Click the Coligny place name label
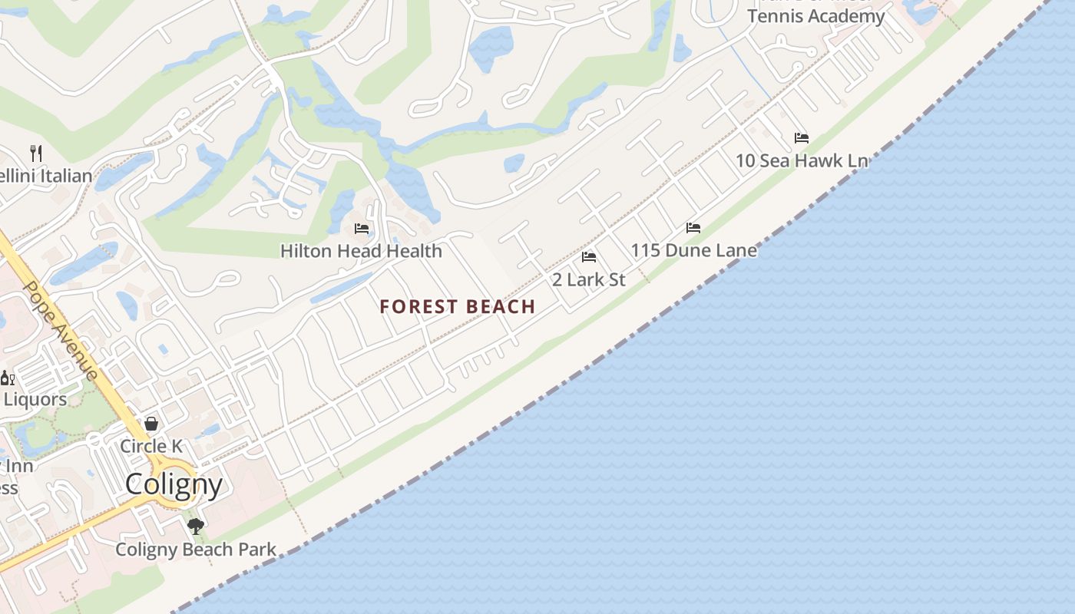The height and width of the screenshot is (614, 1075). (174, 484)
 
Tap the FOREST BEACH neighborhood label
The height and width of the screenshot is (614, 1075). (458, 307)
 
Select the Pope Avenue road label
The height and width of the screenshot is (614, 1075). (61, 330)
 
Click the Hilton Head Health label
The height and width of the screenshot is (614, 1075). (361, 251)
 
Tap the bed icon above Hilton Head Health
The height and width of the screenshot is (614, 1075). (362, 229)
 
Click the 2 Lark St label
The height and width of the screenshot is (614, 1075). (589, 279)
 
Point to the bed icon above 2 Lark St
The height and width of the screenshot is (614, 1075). (589, 257)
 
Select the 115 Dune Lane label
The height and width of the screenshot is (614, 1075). (693, 250)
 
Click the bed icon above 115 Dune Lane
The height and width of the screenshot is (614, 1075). (693, 228)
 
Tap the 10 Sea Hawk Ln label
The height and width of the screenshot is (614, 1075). (802, 160)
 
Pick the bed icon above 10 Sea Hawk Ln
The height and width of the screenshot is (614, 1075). (802, 138)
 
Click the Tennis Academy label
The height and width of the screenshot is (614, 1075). (815, 16)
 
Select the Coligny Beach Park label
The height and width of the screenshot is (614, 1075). (196, 550)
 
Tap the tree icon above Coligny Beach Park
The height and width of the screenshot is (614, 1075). (196, 527)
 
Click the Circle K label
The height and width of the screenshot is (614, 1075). (151, 446)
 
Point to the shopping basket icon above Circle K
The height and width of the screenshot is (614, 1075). (151, 424)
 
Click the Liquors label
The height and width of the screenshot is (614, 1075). (35, 399)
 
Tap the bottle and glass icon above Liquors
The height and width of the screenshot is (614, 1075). (8, 378)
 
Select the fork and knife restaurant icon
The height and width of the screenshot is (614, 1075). (35, 153)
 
